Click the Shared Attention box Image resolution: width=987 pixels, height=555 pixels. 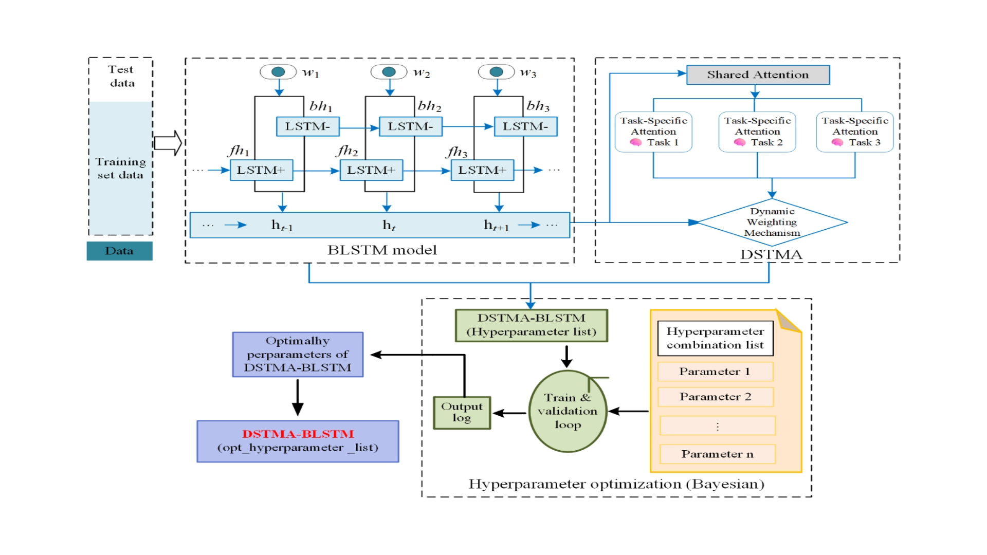tap(758, 75)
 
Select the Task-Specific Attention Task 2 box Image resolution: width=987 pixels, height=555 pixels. tap(757, 132)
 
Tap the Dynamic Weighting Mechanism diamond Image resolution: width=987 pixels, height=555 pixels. tap(772, 223)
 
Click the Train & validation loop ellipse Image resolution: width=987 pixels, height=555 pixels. tap(568, 411)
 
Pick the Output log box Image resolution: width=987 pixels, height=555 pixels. tap(462, 413)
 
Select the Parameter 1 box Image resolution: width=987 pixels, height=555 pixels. tap(715, 372)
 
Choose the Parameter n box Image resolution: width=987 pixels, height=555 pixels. tap(718, 454)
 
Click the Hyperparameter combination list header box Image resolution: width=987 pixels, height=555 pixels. tap(715, 338)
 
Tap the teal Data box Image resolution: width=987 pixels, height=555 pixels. tap(119, 251)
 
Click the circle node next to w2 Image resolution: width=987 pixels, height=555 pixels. tap(389, 72)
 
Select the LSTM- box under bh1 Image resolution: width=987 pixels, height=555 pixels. tap(307, 126)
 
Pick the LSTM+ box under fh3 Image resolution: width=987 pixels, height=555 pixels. tap(482, 170)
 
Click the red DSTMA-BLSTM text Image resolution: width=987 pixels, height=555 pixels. tap(298, 434)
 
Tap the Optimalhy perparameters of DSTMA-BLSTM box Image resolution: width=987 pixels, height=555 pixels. tap(298, 355)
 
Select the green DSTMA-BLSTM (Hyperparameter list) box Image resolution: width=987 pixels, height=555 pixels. tap(532, 325)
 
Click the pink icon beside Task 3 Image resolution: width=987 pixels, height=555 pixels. tap(837, 142)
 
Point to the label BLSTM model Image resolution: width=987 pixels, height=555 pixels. tap(382, 250)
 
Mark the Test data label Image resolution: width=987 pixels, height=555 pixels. tap(121, 76)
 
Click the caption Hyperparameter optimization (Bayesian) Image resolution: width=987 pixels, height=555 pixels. tap(616, 484)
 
